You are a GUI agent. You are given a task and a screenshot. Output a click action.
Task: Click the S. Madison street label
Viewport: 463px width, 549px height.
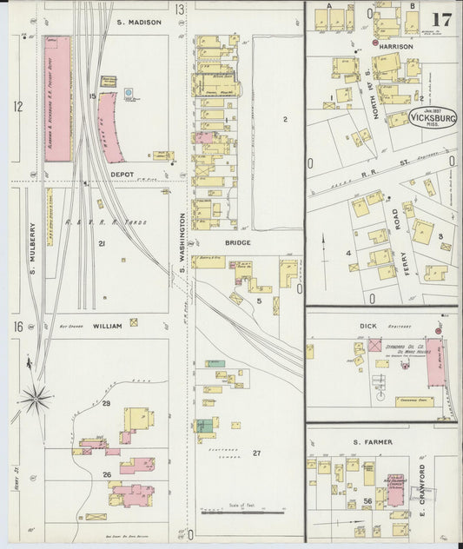[x=138, y=22]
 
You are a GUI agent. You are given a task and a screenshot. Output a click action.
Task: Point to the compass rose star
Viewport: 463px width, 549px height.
[x=36, y=399]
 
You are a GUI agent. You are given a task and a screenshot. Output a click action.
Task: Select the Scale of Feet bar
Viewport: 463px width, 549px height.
[x=230, y=510]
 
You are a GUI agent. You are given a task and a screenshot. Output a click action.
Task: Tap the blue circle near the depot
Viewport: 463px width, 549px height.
[x=129, y=92]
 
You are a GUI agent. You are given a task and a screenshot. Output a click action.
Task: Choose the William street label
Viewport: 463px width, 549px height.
[x=107, y=327]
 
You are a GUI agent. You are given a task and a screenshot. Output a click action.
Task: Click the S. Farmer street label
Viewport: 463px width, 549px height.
[x=373, y=442]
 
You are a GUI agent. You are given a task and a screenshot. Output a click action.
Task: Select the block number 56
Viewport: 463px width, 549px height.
[x=368, y=502]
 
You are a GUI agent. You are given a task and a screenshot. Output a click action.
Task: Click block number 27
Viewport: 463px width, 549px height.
[x=256, y=453]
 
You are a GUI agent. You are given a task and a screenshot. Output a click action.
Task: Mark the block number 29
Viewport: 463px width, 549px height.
[x=106, y=404]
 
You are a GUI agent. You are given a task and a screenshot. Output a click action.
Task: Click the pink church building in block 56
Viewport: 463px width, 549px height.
[x=396, y=490]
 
